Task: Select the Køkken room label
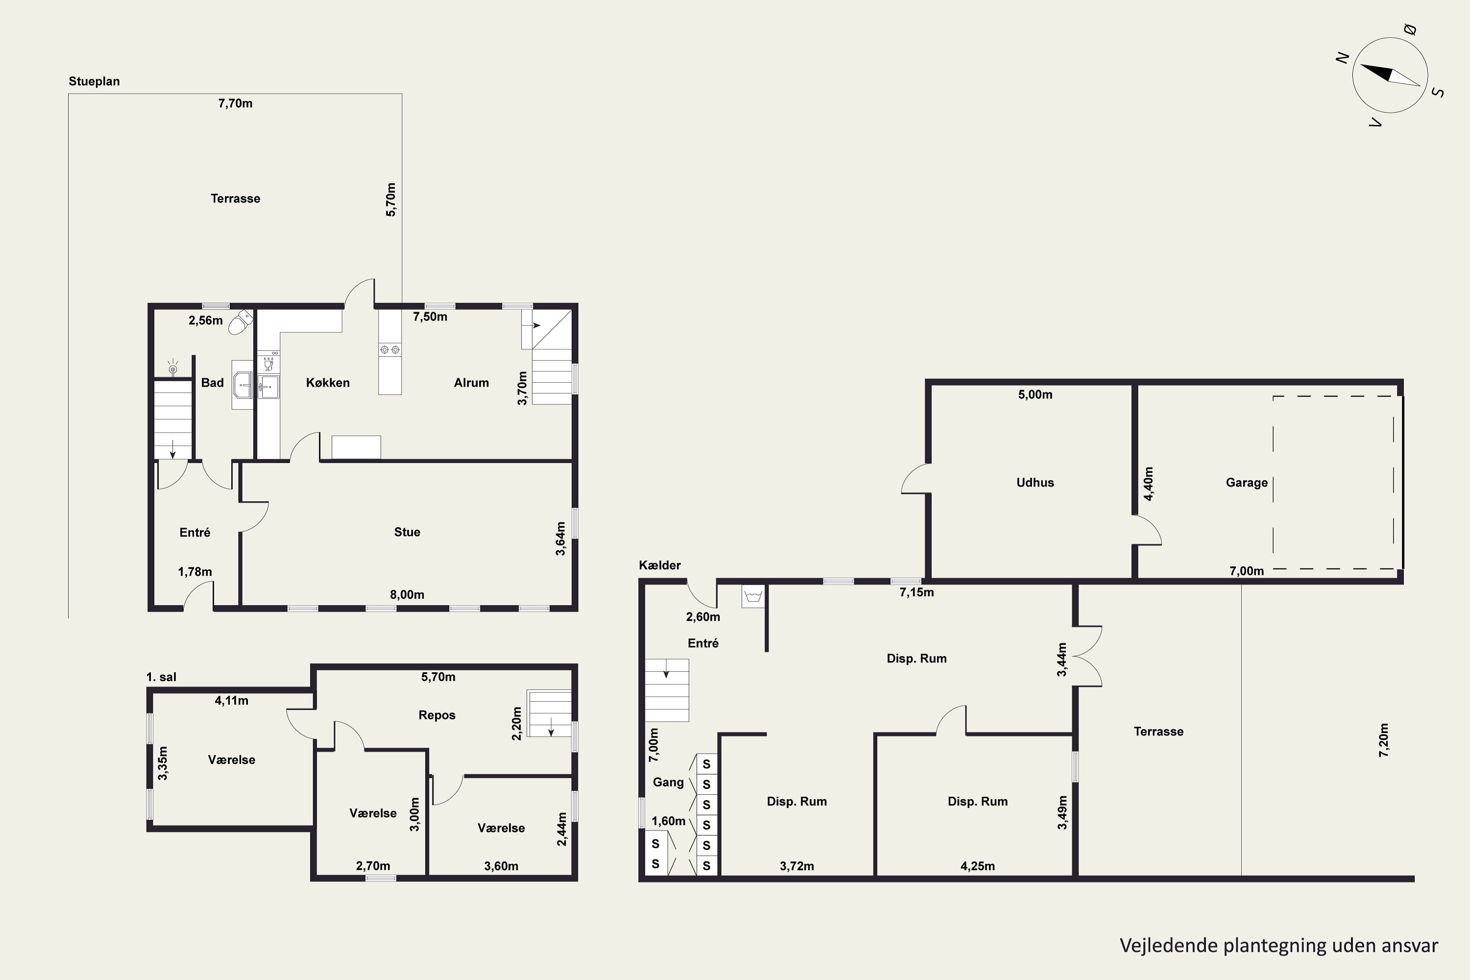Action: (x=327, y=383)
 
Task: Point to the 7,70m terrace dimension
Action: (x=235, y=103)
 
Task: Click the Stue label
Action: (x=407, y=532)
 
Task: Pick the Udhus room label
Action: (x=1035, y=483)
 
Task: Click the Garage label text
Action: (x=1246, y=483)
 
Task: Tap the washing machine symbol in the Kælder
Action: (x=754, y=596)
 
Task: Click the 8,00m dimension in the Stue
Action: (x=407, y=594)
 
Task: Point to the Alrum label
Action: (x=471, y=383)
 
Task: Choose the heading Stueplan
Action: (x=95, y=81)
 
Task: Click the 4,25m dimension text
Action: (x=978, y=866)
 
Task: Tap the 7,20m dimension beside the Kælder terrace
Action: (x=1384, y=740)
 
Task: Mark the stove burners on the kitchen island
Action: (x=390, y=349)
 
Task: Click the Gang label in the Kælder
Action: (x=668, y=782)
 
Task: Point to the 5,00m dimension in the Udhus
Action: (x=1035, y=394)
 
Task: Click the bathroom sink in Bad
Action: (x=243, y=384)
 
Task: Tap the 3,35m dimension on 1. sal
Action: (x=163, y=763)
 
